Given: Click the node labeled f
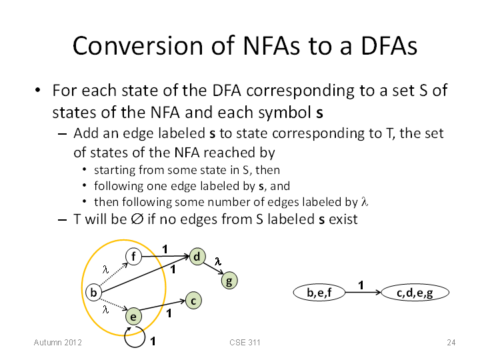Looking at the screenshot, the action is [x=133, y=257].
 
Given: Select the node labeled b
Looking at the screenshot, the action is [x=94, y=293].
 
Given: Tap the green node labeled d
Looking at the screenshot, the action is [x=197, y=257].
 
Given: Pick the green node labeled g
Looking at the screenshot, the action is [x=229, y=281].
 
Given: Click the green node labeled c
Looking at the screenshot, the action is [x=193, y=301].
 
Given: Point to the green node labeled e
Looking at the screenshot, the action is [x=133, y=316].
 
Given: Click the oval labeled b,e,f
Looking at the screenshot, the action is [x=319, y=293].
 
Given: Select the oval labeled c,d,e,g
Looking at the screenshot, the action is [x=415, y=293].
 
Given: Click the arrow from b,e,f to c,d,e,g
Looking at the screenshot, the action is [x=363, y=293].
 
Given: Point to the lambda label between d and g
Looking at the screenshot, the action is [x=217, y=261].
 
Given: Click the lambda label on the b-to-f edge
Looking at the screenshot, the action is [x=105, y=269].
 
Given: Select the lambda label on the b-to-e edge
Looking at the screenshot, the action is [x=105, y=310].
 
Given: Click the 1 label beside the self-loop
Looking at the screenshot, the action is [x=153, y=341].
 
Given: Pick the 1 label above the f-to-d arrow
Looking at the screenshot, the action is [x=165, y=249].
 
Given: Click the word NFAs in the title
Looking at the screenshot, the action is [x=272, y=46].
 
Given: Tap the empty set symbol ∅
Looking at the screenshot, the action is [x=137, y=219].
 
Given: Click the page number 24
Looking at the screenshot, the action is [x=451, y=342].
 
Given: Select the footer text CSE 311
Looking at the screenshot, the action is [x=245, y=342].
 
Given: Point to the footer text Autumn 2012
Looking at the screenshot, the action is [x=58, y=342].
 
